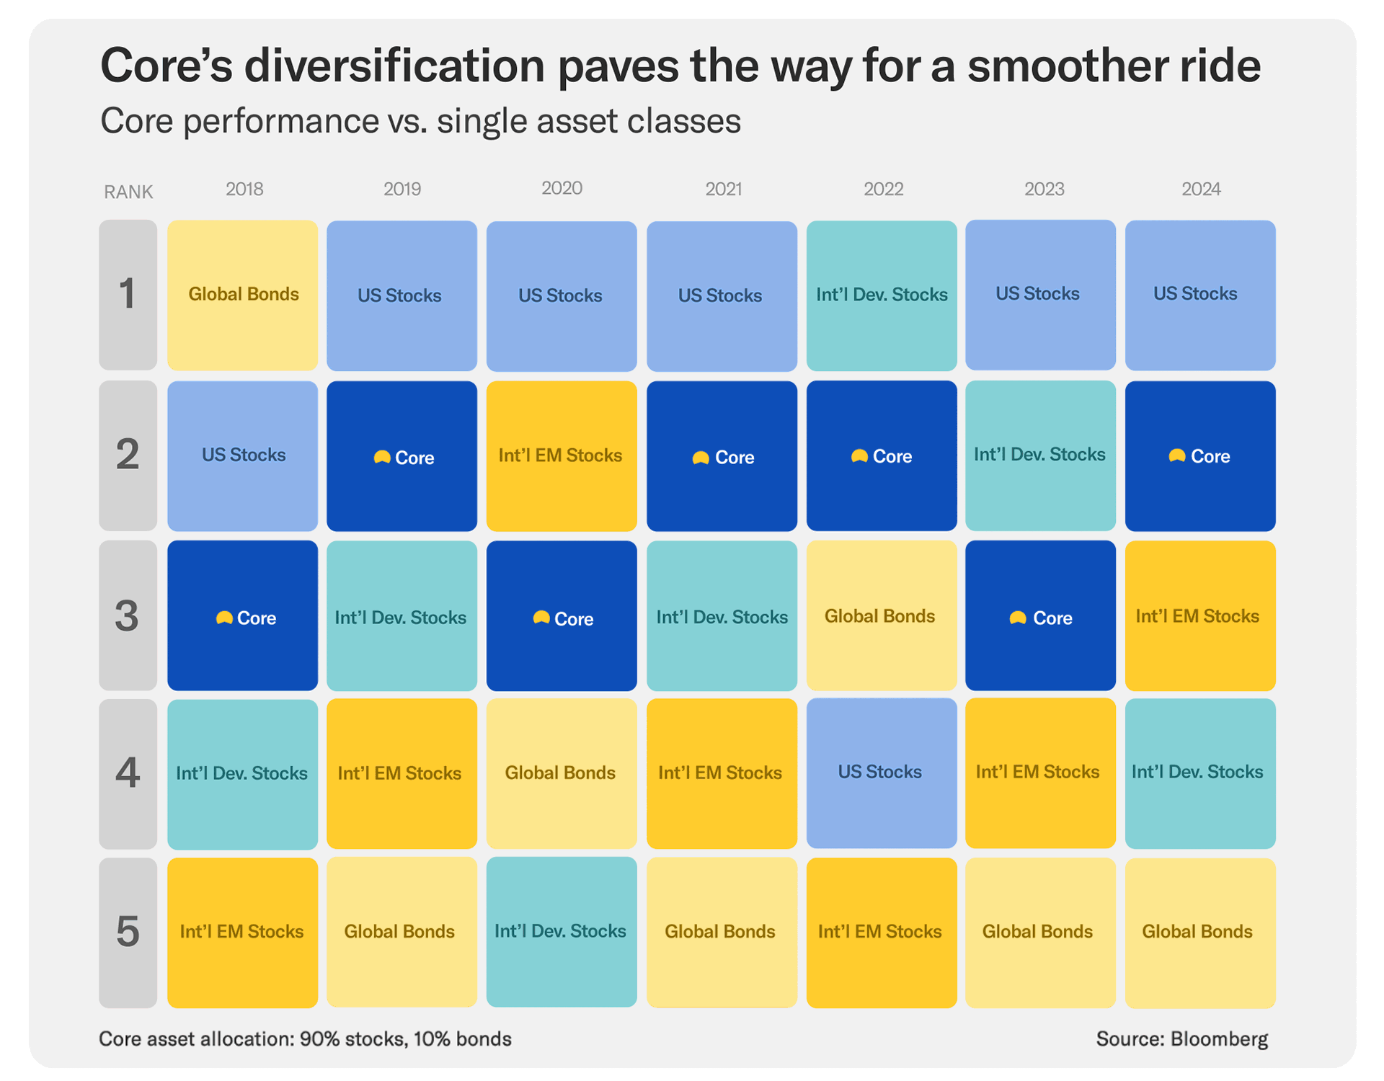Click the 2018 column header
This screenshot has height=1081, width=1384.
pyautogui.click(x=244, y=189)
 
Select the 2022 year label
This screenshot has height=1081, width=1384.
pyautogui.click(x=883, y=189)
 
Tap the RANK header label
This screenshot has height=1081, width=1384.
pyautogui.click(x=128, y=192)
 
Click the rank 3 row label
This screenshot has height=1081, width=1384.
pyautogui.click(x=128, y=615)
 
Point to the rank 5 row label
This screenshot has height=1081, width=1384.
pyautogui.click(x=128, y=932)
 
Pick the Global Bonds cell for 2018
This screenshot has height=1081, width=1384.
pyautogui.click(x=243, y=295)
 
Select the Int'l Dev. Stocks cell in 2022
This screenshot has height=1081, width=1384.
pyautogui.click(x=881, y=295)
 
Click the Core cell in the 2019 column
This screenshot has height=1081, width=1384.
pyautogui.click(x=402, y=456)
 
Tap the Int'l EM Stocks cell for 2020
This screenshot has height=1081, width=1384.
pyautogui.click(x=561, y=456)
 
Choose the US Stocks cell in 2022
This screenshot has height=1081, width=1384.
pyautogui.click(x=881, y=773)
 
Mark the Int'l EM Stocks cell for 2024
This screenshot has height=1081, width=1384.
pyautogui.click(x=1199, y=616)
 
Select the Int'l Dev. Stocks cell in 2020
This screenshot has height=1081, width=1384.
pyautogui.click(x=561, y=931)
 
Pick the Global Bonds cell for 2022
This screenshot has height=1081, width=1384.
pyautogui.click(x=881, y=616)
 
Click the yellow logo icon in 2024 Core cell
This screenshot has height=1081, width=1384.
pyautogui.click(x=1176, y=455)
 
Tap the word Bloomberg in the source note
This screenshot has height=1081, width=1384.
pyautogui.click(x=1219, y=1038)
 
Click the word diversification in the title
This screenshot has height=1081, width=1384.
pyautogui.click(x=394, y=66)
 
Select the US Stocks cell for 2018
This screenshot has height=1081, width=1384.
pyautogui.click(x=243, y=455)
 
